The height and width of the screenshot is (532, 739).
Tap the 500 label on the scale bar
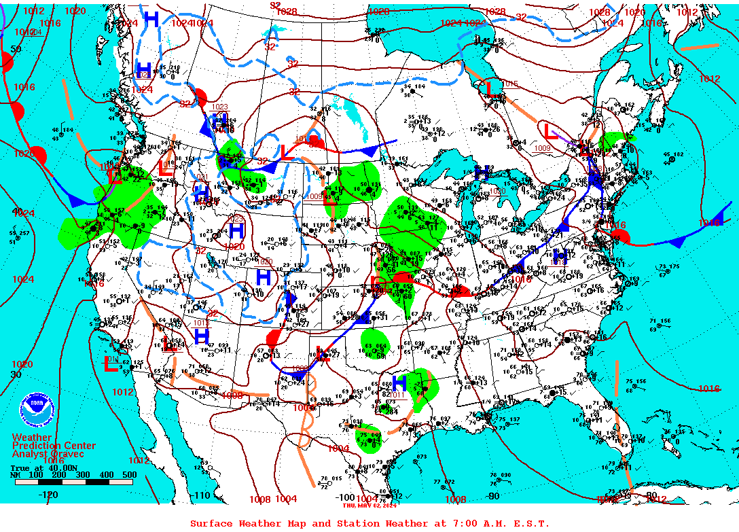tap(129, 474)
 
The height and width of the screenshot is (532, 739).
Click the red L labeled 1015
tap(486, 88)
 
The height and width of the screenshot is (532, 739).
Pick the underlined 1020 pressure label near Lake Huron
tap(499, 192)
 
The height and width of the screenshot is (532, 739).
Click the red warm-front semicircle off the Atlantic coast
tap(619, 236)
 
